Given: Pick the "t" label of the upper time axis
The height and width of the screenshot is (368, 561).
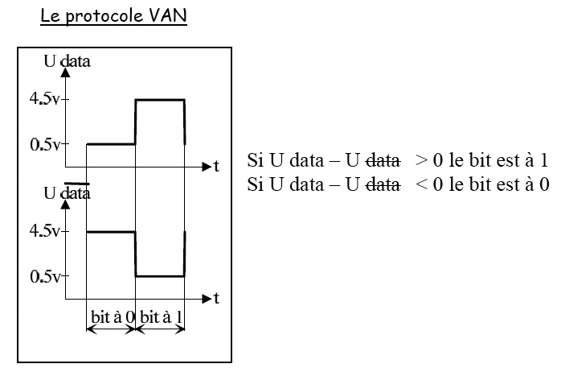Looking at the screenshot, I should click(x=215, y=167).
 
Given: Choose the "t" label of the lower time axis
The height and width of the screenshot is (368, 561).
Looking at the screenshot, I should click(x=215, y=300).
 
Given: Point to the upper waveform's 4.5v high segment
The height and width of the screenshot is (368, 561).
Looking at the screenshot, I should click(x=160, y=100).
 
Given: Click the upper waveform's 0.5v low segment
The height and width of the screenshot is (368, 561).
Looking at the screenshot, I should click(x=110, y=144).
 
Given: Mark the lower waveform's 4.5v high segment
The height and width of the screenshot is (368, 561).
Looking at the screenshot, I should click(x=110, y=232).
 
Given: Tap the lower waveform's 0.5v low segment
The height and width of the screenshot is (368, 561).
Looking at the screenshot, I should click(x=160, y=276).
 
